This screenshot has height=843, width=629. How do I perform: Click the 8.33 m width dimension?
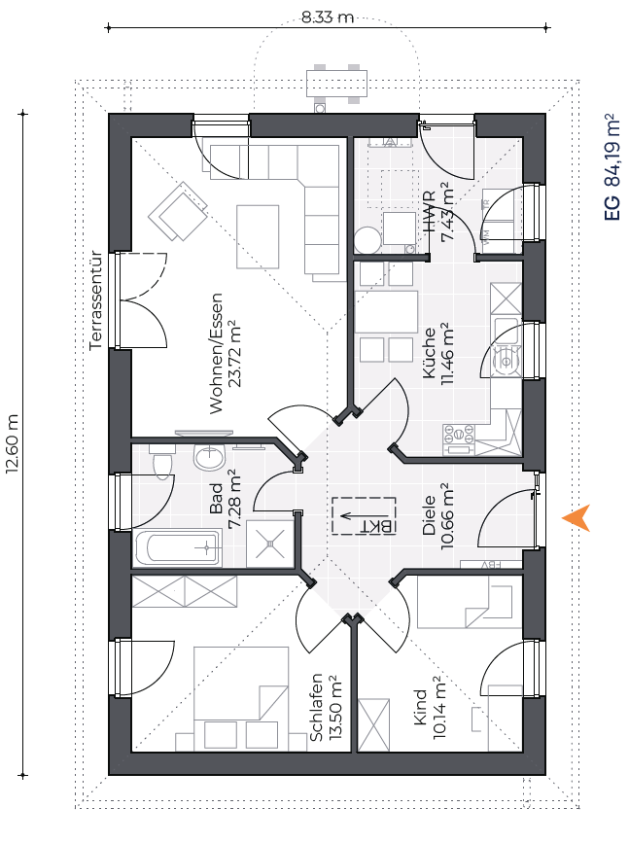327,18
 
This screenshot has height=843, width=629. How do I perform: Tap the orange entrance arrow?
577,517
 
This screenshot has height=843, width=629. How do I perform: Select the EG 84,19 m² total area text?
612,166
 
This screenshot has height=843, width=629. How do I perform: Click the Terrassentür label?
95,300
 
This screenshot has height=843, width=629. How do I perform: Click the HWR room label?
430,212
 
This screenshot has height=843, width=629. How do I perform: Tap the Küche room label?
430,353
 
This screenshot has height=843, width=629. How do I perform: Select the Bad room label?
216,499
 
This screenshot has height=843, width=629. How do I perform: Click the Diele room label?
430,515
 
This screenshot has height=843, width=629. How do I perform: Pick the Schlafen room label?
317,707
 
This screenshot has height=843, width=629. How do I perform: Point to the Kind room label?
420,707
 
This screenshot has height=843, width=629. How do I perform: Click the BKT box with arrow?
364,516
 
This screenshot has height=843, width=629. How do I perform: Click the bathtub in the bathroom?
177,547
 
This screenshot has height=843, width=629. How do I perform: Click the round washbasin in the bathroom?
210,458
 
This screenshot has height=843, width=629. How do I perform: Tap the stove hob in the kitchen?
459,434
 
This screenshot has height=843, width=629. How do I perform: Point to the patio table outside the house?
336,84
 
